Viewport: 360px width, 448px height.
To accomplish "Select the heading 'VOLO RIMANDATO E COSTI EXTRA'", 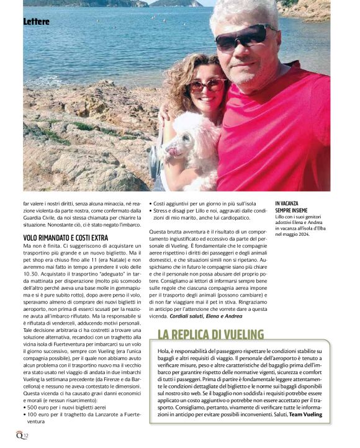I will tap(66, 237).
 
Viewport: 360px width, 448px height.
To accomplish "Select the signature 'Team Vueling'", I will tap(305, 414).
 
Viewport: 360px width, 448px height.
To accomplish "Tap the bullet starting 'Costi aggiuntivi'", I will tap(198, 203).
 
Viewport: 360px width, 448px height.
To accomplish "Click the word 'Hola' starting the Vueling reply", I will tap(164, 352).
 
